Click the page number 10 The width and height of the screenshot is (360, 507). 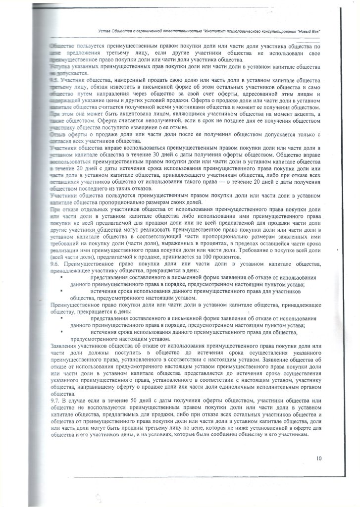click(x=319, y=458)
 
